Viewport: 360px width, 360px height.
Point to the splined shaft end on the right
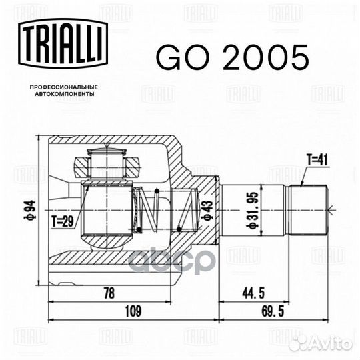tap(307, 209)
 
